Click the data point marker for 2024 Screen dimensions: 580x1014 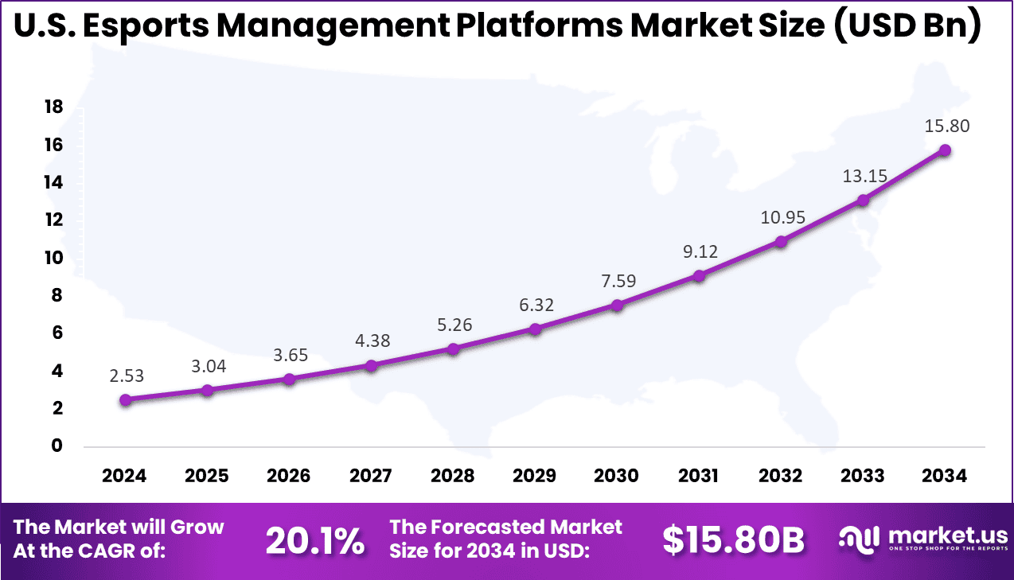click(x=125, y=399)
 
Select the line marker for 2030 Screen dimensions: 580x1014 click(x=617, y=305)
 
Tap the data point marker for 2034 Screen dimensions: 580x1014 click(x=945, y=150)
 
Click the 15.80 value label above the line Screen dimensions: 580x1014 click(x=947, y=125)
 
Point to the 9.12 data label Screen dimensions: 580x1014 click(x=700, y=251)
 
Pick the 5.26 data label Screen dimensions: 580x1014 click(x=454, y=324)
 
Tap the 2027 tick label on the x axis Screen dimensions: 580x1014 click(x=370, y=476)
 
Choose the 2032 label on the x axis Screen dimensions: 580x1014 click(x=781, y=476)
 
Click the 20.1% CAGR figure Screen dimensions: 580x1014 click(x=314, y=541)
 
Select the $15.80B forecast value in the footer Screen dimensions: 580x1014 click(x=733, y=541)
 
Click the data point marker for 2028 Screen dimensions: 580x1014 click(x=453, y=348)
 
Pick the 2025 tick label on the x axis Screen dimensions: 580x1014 click(x=207, y=476)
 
